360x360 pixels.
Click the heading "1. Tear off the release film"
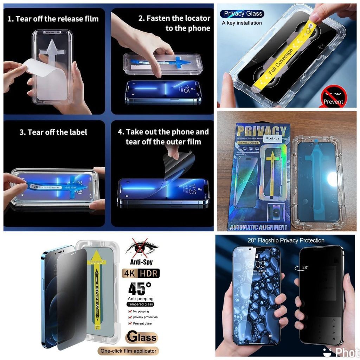pos(53,18)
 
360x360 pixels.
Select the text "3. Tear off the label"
pos(53,132)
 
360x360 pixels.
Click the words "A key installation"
pos(242,23)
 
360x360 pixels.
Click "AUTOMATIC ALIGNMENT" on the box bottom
pos(258,227)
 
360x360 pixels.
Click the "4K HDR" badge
pos(141,273)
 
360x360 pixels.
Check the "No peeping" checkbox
pos(130,311)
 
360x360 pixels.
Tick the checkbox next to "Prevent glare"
pos(130,323)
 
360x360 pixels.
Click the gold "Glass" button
pos(142,337)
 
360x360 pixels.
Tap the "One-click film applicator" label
pos(128,351)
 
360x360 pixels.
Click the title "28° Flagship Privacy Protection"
pos(285,240)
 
